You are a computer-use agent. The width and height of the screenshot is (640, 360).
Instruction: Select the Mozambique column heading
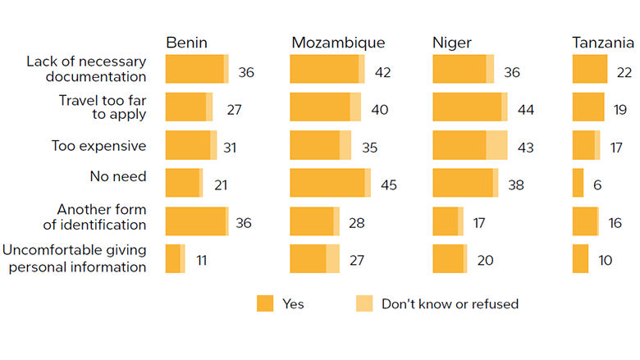coord(337,43)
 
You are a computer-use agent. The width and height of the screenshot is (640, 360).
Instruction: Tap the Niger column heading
coord(452,43)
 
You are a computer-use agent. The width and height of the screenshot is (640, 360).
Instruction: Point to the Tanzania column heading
coord(603,43)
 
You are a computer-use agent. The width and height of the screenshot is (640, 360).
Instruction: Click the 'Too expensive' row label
coord(98,146)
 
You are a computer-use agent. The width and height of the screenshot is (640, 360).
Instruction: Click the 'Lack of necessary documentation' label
coord(86,69)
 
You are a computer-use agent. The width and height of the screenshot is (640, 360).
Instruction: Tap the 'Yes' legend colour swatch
coord(264,303)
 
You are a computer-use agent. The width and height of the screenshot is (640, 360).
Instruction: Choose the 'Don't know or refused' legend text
coord(450,303)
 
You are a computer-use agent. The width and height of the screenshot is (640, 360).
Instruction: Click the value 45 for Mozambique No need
coord(388,185)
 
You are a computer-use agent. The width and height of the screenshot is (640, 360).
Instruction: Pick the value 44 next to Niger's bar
coord(526,108)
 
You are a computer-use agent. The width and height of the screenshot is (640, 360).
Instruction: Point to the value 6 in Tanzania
coord(597,185)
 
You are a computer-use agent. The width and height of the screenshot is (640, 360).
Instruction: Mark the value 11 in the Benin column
coord(202,260)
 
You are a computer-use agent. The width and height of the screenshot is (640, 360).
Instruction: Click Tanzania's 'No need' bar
coord(578,183)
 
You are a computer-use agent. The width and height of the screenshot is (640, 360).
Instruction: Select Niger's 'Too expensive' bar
coord(469,145)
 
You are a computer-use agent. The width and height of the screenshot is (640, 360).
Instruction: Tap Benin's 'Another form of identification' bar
coord(197,221)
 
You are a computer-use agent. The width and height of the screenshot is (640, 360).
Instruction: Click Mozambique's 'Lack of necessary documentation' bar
coord(327,69)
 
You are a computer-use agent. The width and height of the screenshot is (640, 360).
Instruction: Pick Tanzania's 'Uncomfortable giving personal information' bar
coord(580,259)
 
